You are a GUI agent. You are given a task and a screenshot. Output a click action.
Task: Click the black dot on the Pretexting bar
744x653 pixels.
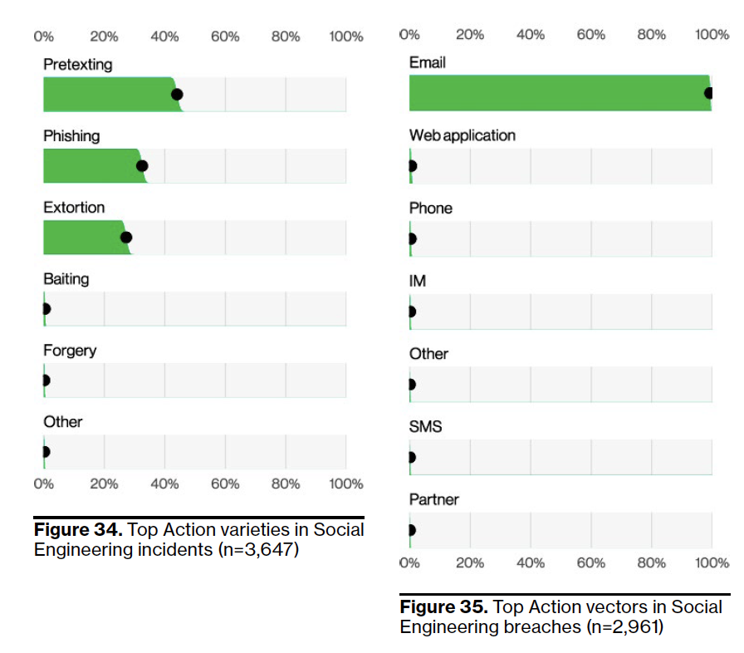tap(177, 95)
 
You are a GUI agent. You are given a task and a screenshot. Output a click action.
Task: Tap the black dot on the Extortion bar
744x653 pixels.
tap(126, 238)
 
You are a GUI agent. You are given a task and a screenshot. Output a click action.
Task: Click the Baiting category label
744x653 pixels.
tap(66, 279)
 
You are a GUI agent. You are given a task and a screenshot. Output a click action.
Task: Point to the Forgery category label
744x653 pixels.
tap(70, 351)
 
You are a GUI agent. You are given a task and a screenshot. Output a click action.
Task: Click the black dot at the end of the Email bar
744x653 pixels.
tap(709, 93)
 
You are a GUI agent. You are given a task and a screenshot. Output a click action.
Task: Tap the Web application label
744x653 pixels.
tap(462, 135)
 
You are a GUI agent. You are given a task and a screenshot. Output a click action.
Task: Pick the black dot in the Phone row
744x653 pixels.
tap(411, 239)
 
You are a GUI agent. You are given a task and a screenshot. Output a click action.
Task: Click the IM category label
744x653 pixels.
tap(418, 282)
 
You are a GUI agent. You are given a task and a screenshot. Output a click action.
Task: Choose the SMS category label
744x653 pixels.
tap(426, 427)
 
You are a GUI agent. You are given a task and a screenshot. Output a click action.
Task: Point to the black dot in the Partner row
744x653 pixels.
tap(411, 530)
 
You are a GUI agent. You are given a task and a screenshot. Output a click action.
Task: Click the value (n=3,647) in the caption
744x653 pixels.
tap(257, 550)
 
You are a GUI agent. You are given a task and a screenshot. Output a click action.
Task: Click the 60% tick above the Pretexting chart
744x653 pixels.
tap(225, 37)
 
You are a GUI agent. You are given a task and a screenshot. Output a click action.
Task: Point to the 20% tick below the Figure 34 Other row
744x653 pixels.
tap(104, 484)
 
